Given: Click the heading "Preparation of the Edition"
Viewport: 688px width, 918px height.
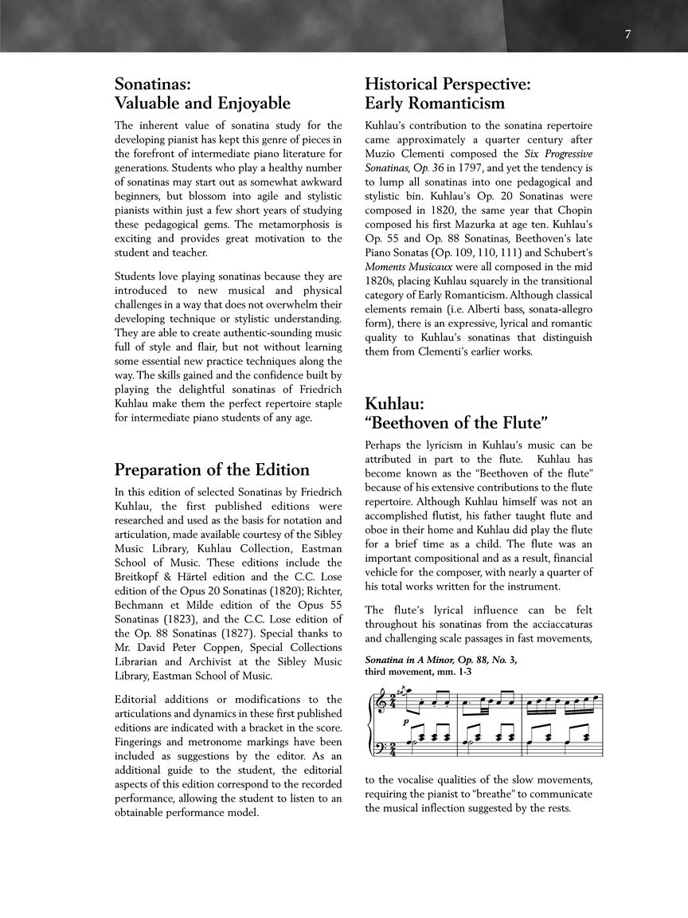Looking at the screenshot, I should coord(212,469).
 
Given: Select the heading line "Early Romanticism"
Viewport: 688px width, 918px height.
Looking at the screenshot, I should coord(435,104).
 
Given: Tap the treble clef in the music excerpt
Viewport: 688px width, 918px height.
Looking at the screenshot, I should coord(377,701).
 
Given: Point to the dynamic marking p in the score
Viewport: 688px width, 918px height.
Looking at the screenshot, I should coord(405,721).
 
